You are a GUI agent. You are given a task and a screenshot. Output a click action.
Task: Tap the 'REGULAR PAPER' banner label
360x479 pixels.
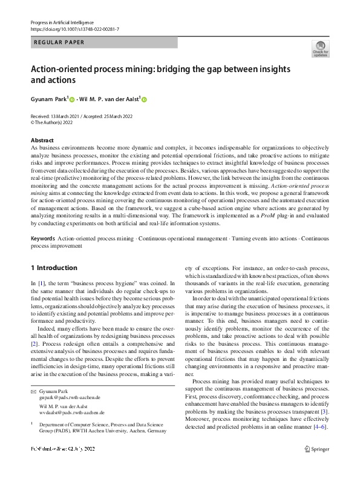(59, 42)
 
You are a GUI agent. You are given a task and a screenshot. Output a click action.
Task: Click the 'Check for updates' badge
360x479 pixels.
(319, 49)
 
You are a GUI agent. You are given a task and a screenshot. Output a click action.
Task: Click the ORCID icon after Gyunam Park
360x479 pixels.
(71, 99)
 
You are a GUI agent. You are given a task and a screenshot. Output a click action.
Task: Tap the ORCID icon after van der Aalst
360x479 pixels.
(145, 99)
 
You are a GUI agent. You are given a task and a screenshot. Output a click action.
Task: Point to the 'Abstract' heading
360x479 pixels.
(42, 140)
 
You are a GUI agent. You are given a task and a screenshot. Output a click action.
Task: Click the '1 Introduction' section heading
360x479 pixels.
(54, 268)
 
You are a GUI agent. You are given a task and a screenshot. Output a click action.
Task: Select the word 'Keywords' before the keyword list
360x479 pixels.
(43, 239)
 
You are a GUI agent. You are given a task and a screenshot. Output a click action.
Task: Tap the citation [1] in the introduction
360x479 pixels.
(41, 283)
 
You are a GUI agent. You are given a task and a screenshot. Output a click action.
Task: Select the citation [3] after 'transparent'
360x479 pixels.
(324, 412)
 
